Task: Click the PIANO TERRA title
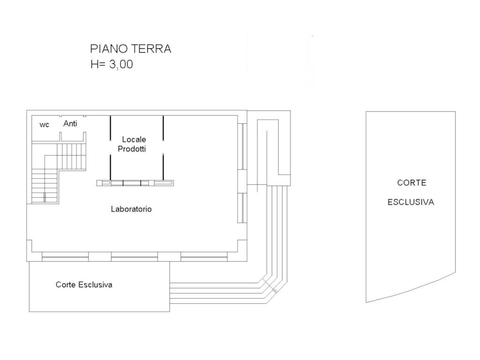130,49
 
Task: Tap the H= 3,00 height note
112,64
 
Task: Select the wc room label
45,125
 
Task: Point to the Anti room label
70,123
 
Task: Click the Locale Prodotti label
132,144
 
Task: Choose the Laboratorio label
131,209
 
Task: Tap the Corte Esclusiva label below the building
84,285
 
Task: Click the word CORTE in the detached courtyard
412,183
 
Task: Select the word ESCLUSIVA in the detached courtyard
411,202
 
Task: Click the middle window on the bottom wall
135,256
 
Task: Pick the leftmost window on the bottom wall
65,256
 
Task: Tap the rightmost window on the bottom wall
204,256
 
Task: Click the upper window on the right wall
242,146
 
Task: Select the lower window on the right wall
242,208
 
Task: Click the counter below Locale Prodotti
135,183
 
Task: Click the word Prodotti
132,149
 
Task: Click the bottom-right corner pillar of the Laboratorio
242,251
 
